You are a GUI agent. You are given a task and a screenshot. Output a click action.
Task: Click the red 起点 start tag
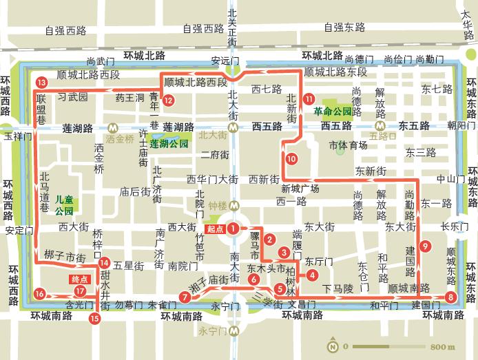click(215, 228)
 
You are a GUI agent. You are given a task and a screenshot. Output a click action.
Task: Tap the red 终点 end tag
click(80, 279)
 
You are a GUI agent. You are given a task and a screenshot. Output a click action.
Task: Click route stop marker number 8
click(450, 297)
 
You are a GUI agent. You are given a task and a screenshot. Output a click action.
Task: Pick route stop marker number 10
click(291, 159)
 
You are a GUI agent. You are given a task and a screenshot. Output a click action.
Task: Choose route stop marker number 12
click(168, 100)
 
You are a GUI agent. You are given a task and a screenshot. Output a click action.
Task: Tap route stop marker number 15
click(94, 317)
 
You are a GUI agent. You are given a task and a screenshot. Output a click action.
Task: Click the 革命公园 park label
click(333, 110)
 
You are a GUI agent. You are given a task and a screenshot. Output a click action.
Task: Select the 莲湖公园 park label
click(169, 143)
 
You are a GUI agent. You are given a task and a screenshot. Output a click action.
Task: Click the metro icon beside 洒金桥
click(111, 127)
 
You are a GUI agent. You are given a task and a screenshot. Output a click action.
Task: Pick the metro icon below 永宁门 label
click(234, 330)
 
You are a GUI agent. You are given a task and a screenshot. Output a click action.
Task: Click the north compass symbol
click(333, 346)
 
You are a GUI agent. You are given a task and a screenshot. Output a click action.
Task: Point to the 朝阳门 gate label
click(461, 125)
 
